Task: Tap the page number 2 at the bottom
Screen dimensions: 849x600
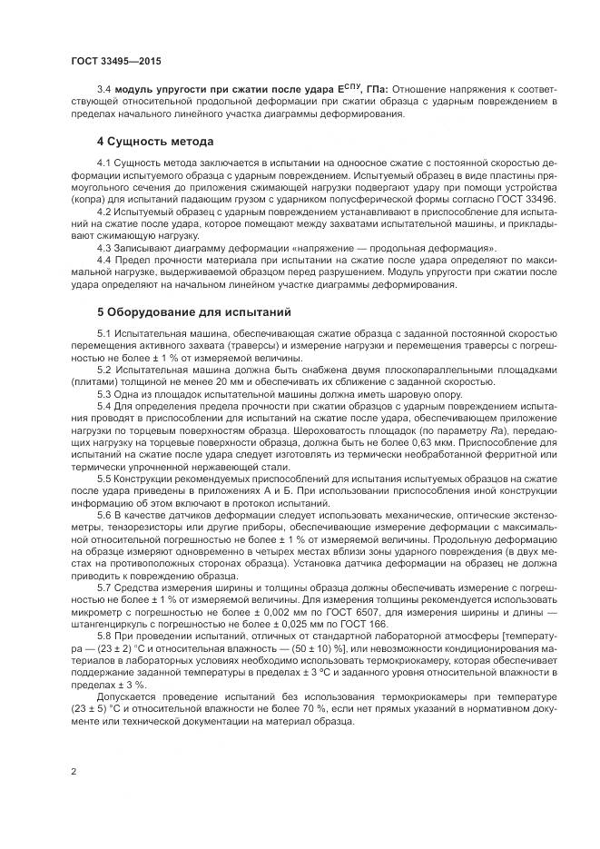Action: click(x=74, y=772)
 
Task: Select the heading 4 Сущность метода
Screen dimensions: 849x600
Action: click(x=155, y=143)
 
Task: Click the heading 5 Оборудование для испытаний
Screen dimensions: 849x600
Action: click(x=193, y=312)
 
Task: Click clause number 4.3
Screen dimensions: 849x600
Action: click(x=103, y=247)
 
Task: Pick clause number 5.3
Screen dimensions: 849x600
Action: click(x=103, y=394)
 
